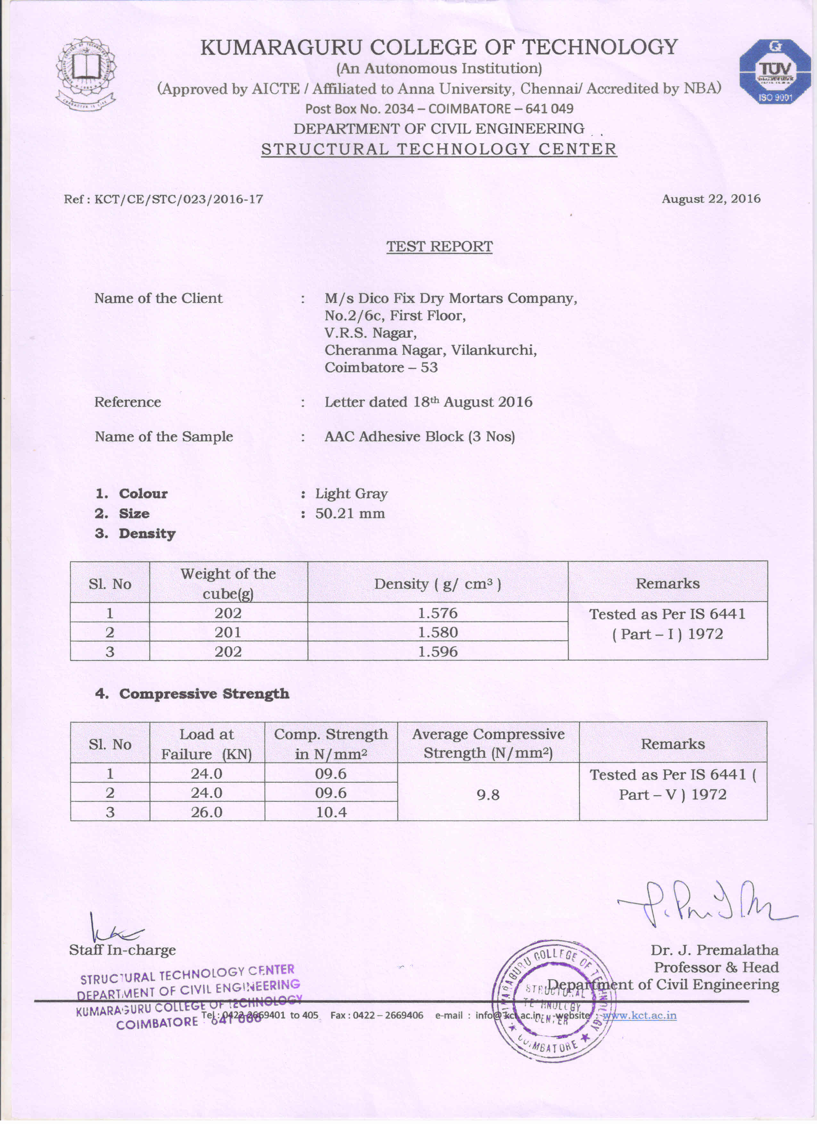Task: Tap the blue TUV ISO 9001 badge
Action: click(x=775, y=72)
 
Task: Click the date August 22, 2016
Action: click(x=711, y=199)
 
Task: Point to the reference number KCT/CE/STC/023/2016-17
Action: click(x=178, y=199)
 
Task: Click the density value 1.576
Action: click(x=437, y=613)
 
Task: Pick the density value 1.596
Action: click(x=437, y=651)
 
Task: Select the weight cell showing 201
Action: click(x=228, y=632)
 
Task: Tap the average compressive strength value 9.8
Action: click(x=488, y=795)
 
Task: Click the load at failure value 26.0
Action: click(x=207, y=812)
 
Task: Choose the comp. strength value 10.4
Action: click(x=331, y=812)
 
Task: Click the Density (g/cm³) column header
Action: click(x=437, y=584)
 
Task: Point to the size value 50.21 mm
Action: click(x=350, y=513)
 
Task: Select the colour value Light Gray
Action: click(x=351, y=494)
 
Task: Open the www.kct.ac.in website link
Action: click(x=639, y=1015)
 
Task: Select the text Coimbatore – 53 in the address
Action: click(x=381, y=367)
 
